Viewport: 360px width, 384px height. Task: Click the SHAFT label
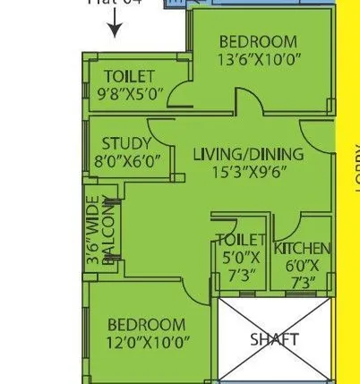click(273, 339)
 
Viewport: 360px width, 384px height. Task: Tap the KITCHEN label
click(302, 248)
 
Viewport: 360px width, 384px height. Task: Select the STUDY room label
click(126, 144)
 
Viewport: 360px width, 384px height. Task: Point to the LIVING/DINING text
click(248, 154)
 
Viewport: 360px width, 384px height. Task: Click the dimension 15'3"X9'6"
click(248, 173)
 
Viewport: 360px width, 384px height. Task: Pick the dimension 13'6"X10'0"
click(258, 61)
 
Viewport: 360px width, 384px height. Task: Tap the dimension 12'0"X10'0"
click(147, 342)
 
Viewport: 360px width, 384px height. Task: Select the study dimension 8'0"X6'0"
click(126, 162)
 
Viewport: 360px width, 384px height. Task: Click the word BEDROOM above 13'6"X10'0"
click(258, 42)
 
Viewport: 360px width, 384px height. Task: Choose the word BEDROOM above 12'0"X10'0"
click(147, 324)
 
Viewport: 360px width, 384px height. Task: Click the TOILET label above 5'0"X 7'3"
click(241, 240)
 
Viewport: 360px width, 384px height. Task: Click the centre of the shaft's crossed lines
click(274, 341)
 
